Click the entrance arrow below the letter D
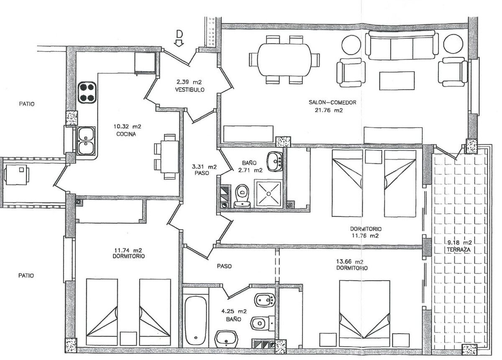pos(179,42)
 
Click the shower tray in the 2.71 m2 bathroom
pos(267,192)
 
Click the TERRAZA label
pos(459,249)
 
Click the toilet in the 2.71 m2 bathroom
pos(241,196)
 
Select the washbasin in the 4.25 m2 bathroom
pos(226,338)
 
